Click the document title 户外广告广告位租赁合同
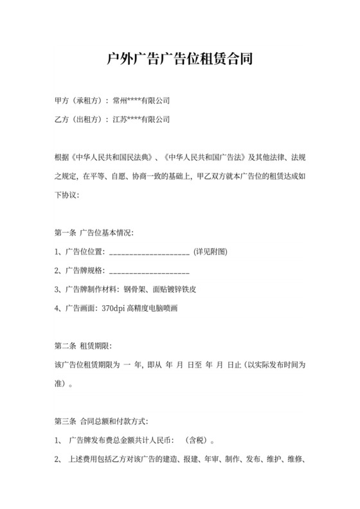pos(179,60)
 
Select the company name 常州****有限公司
pos(141,101)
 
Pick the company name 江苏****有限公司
pos(141,119)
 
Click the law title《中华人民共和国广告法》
pos(202,157)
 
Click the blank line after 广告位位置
pos(150,253)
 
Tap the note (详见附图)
pos(210,251)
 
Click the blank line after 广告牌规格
pos(150,271)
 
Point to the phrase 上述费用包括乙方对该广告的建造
pos(138,460)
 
